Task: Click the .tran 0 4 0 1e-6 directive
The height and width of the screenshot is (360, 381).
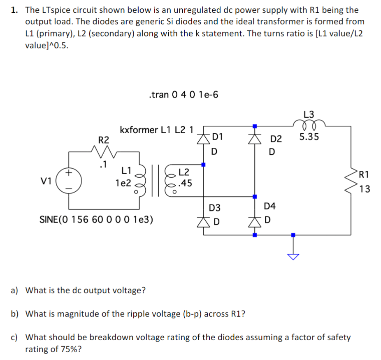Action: (183, 95)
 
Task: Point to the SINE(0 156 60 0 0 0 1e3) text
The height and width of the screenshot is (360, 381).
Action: (96, 219)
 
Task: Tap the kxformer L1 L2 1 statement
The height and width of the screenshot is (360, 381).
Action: (156, 130)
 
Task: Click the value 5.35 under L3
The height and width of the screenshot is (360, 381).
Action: (309, 137)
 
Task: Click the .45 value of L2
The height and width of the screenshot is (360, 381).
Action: (185, 183)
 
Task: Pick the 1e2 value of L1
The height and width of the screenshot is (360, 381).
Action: (123, 183)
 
